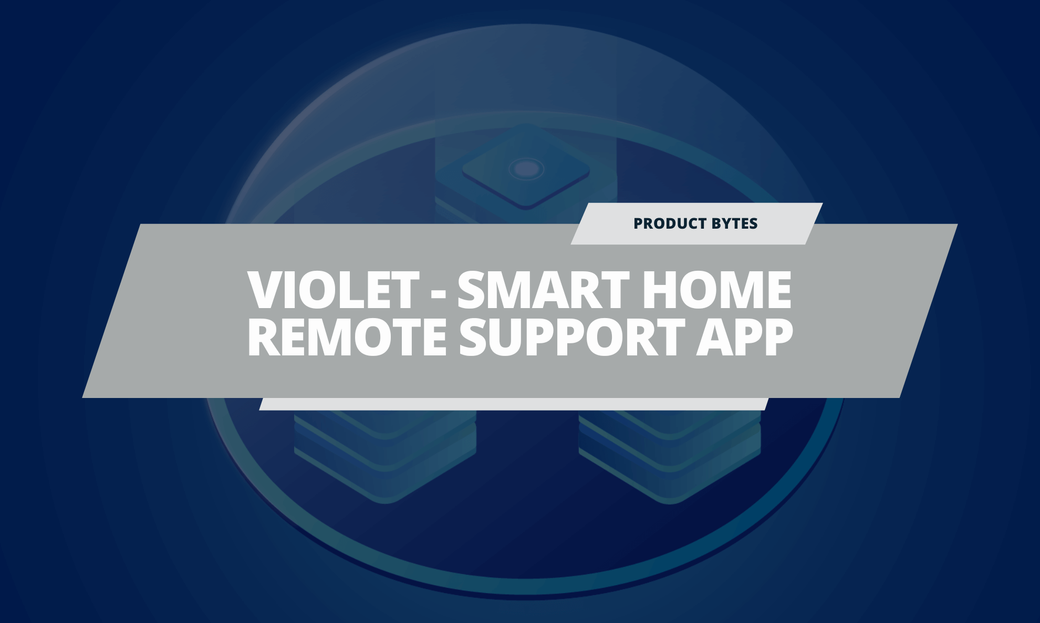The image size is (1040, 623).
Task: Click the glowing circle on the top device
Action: point(525,169)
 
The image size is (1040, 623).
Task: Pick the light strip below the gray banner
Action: point(514,404)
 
